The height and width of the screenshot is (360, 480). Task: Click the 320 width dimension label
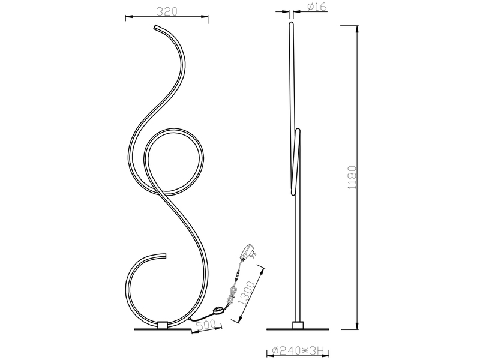click(167, 11)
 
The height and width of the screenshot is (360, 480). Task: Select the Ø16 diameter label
click(316, 7)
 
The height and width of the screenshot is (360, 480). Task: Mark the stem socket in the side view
click(297, 325)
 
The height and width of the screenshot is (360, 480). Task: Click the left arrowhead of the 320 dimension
click(128, 18)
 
